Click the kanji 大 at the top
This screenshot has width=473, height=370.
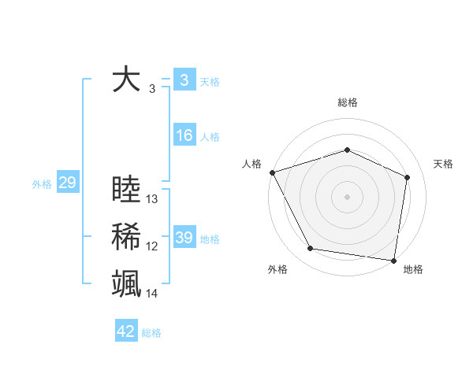tap(126, 80)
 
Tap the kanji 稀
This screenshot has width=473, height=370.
tap(126, 237)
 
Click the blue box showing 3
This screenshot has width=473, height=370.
tap(184, 80)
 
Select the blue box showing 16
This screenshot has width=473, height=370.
tap(184, 135)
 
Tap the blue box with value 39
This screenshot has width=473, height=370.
tap(184, 238)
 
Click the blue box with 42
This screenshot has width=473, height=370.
tap(126, 331)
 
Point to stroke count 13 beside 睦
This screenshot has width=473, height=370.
tap(152, 199)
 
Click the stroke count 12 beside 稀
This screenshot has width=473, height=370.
tap(152, 246)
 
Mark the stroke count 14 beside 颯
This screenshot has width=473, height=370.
tap(152, 294)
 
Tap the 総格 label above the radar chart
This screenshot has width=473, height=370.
tap(347, 102)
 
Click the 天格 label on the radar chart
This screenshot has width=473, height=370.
tap(443, 164)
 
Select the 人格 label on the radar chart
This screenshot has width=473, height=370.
tap(251, 164)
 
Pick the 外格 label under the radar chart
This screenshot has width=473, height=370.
tap(277, 269)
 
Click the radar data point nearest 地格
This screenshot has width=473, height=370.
tap(393, 260)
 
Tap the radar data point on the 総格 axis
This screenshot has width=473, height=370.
tap(347, 150)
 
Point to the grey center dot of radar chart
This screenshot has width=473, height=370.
tap(347, 196)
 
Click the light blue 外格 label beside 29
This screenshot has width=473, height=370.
tap(42, 184)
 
